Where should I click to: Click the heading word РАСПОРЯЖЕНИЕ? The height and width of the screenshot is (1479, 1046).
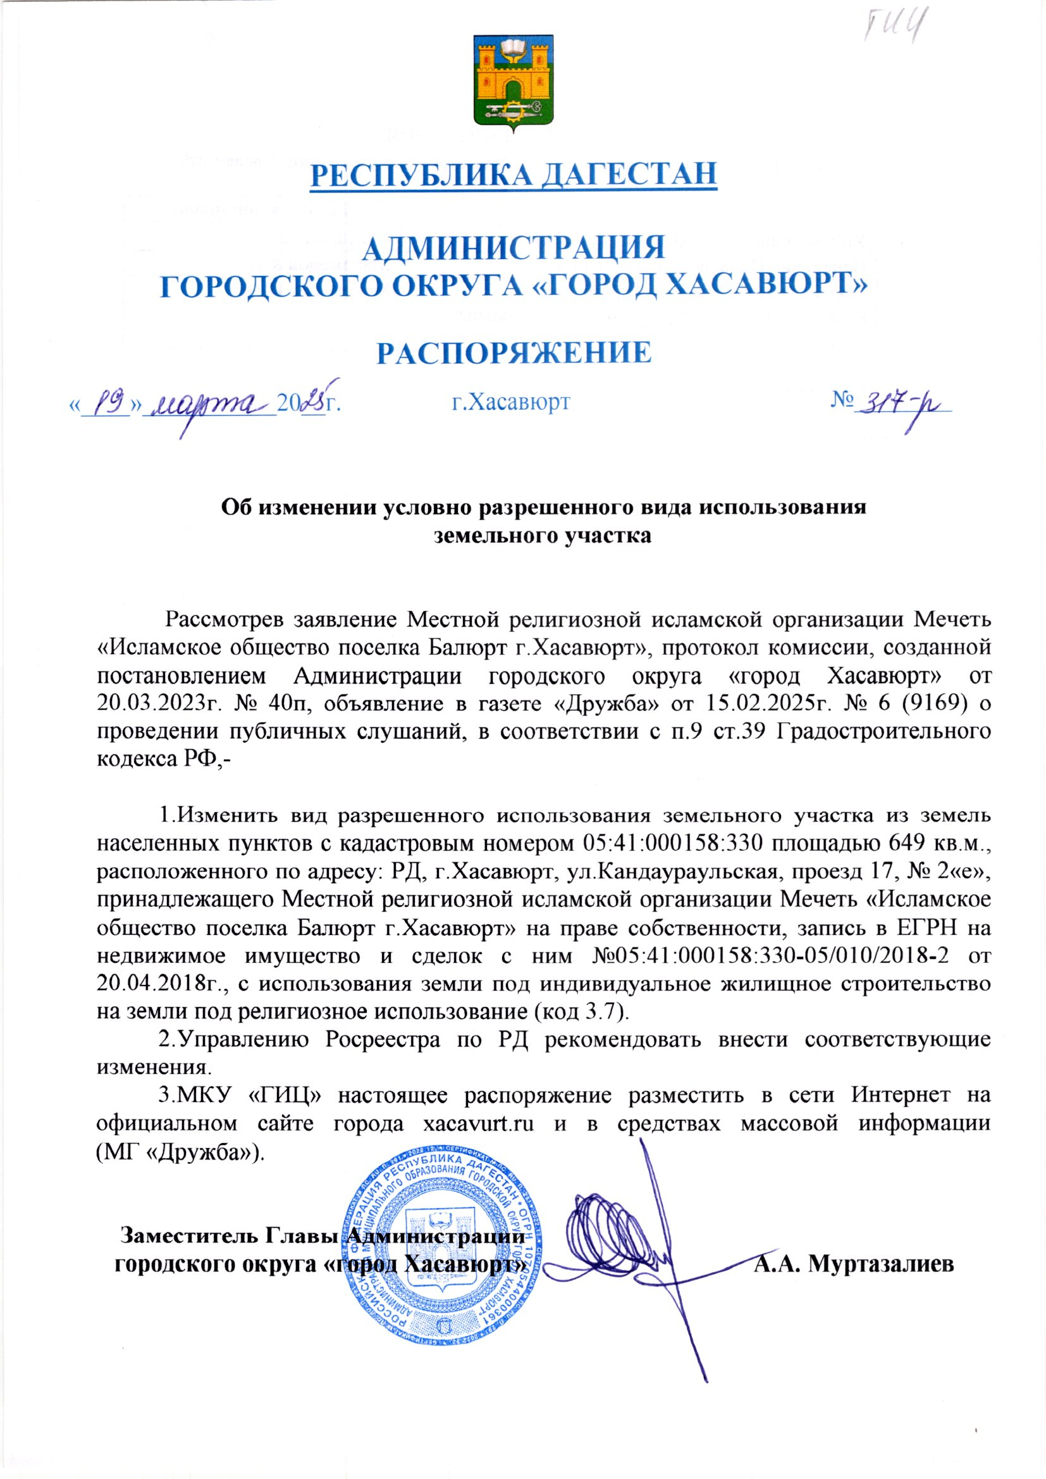pyautogui.click(x=514, y=353)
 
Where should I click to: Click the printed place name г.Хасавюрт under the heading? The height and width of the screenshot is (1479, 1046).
pyautogui.click(x=510, y=402)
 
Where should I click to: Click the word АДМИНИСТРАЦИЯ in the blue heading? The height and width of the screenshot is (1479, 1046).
pyautogui.click(x=514, y=247)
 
